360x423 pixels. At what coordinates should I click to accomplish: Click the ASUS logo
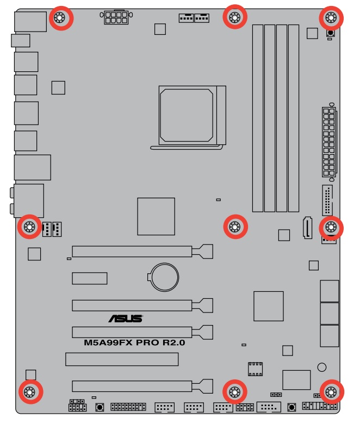click(125, 318)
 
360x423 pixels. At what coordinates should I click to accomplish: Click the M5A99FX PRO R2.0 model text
click(134, 343)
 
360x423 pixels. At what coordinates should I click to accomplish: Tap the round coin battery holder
click(164, 276)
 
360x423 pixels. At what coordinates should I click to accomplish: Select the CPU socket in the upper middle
click(187, 113)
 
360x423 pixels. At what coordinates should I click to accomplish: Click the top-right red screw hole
click(330, 19)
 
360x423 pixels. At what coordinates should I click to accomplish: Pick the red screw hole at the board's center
click(235, 226)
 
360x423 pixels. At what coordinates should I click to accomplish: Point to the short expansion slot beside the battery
click(90, 278)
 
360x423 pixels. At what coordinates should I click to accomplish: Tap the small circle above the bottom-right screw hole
click(322, 367)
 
